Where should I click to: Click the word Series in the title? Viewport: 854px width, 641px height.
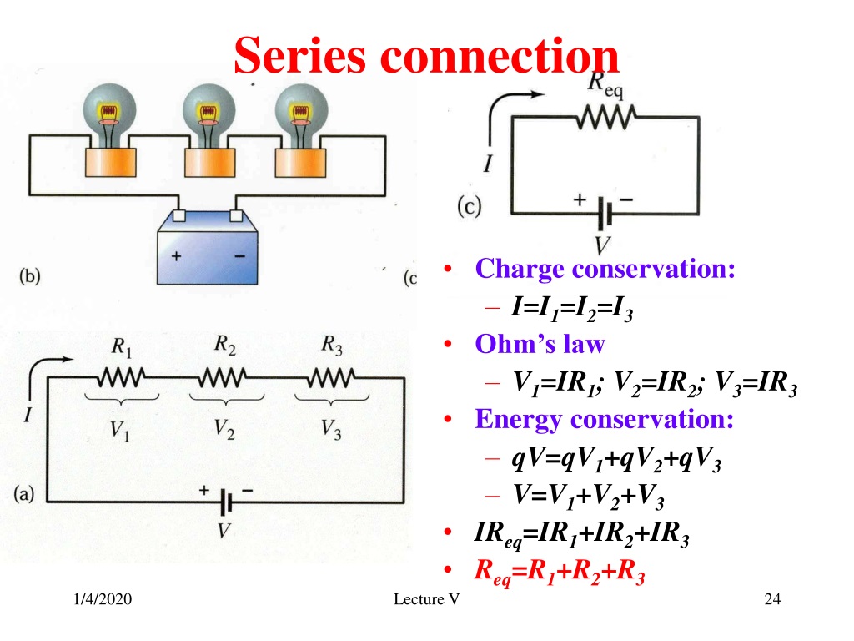tap(300, 55)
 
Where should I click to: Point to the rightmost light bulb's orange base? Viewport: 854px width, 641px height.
tap(300, 163)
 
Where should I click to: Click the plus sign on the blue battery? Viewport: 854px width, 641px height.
tap(176, 255)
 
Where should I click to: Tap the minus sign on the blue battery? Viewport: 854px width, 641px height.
tap(239, 256)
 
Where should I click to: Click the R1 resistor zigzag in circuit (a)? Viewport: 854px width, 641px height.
tap(121, 377)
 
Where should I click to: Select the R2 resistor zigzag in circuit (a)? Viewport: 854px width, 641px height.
tap(223, 377)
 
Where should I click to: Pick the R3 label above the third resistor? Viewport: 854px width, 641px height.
tap(332, 345)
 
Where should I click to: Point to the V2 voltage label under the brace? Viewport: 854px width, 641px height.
tap(224, 429)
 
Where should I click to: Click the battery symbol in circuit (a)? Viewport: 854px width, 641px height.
tap(226, 502)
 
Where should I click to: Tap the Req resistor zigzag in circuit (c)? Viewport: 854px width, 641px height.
tap(606, 117)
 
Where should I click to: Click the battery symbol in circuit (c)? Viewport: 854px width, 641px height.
tap(605, 213)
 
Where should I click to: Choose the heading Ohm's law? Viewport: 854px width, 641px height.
tap(540, 345)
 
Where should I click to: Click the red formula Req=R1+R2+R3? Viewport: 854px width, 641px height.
tap(560, 572)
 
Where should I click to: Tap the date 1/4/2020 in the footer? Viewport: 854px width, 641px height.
tap(103, 599)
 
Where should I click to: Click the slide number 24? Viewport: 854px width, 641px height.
tap(772, 599)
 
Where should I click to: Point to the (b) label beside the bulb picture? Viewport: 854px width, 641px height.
tap(29, 276)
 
